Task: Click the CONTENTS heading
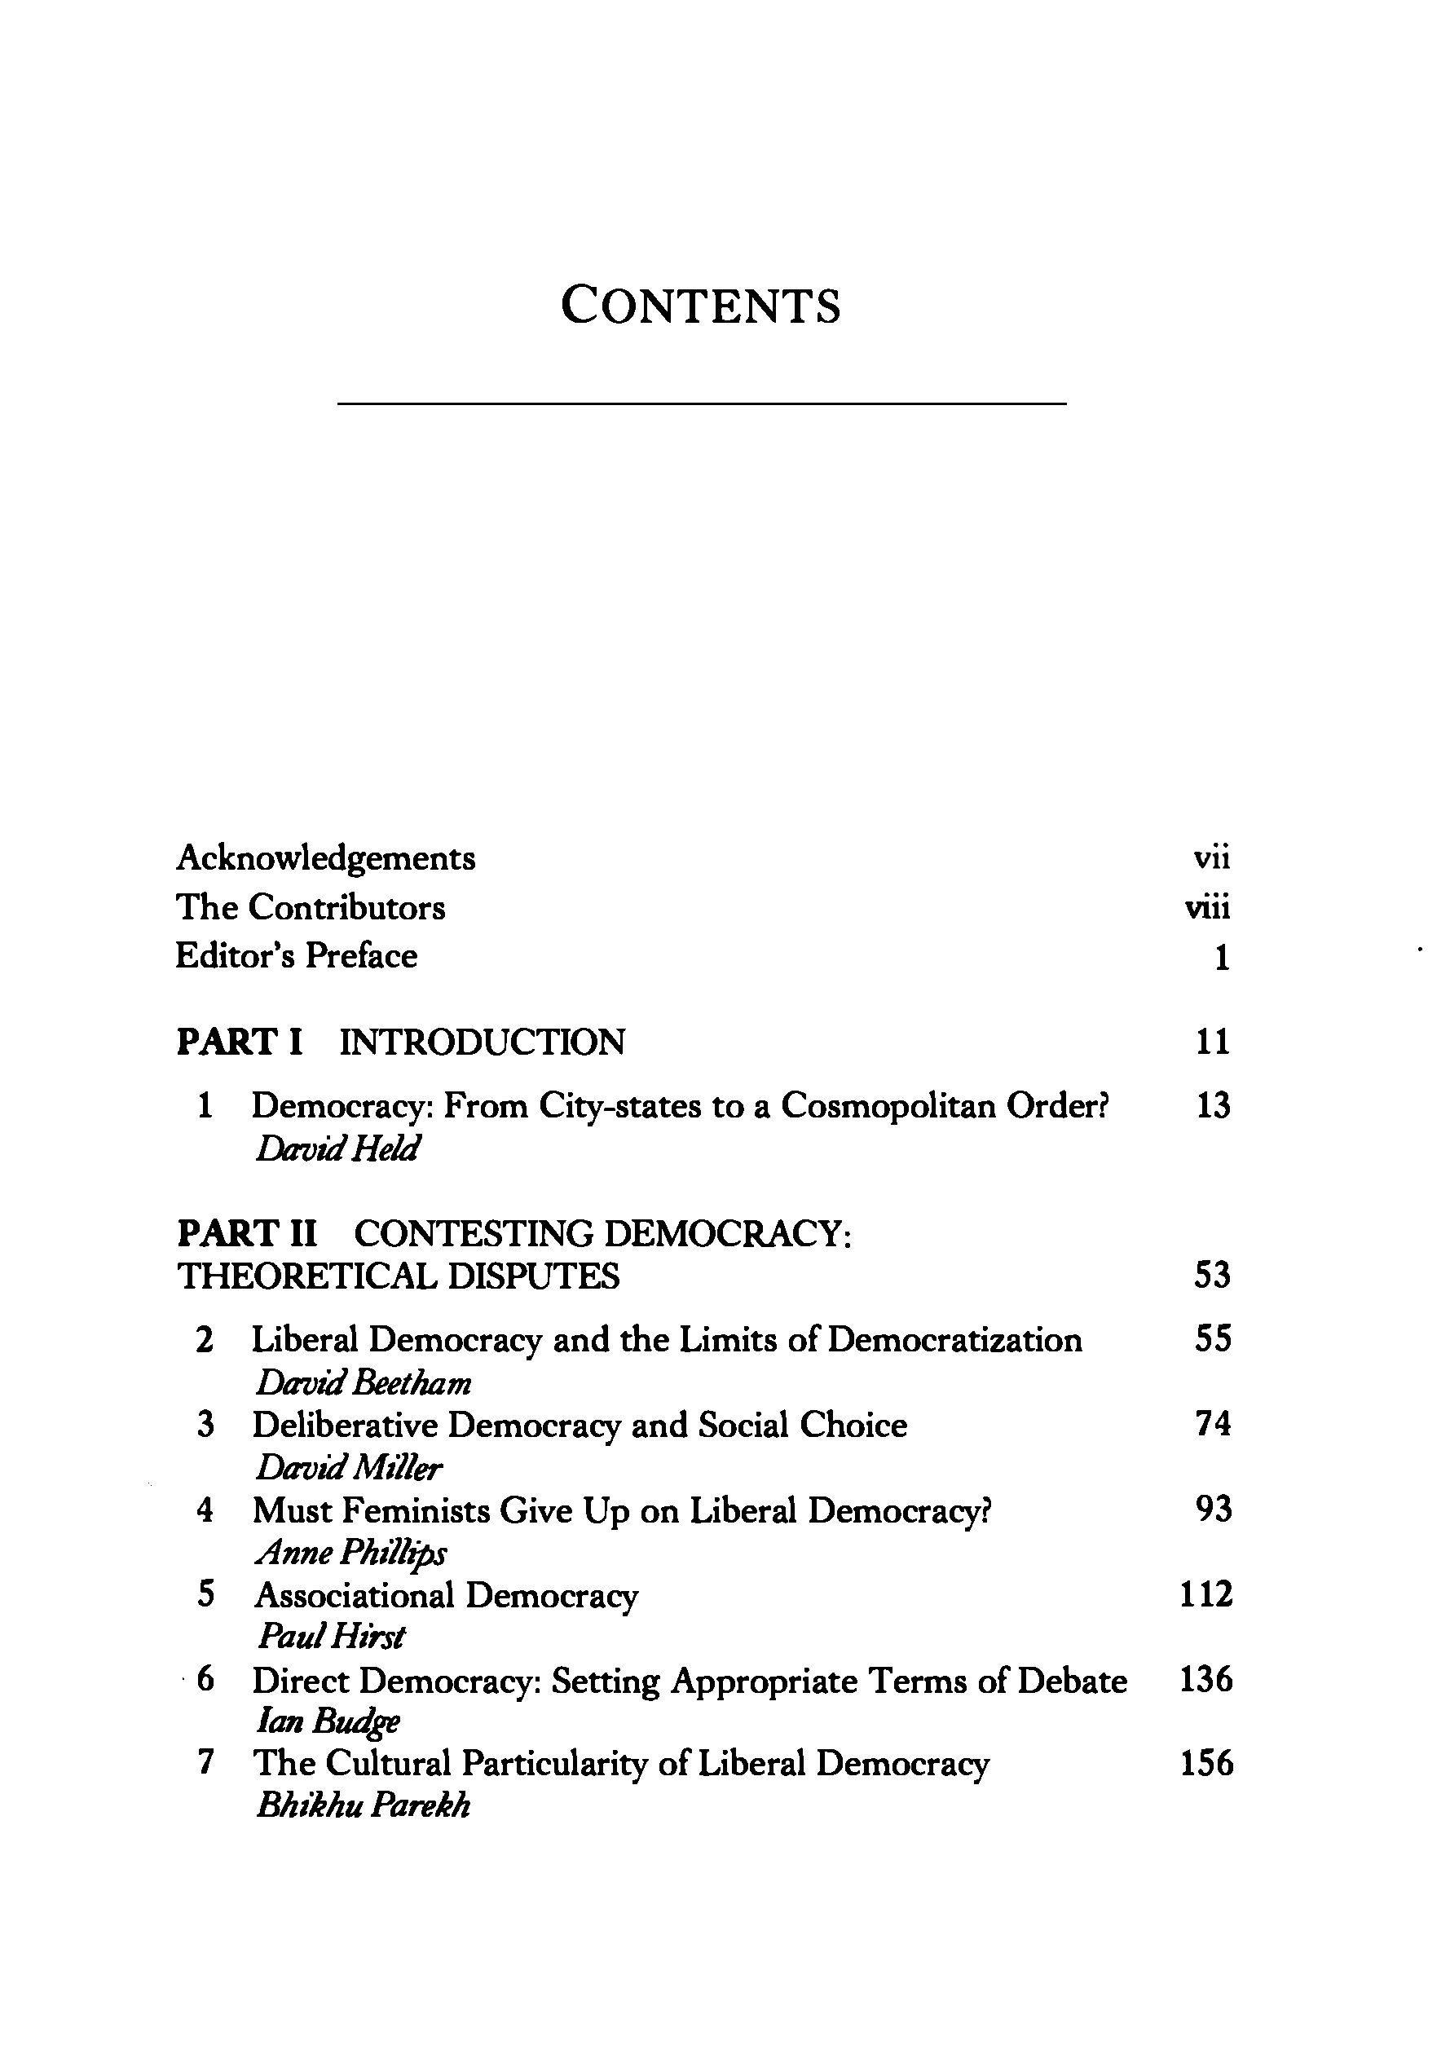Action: click(x=700, y=306)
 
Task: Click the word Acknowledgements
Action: click(x=325, y=858)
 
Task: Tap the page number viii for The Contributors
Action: click(x=1208, y=908)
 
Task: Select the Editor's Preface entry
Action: click(x=296, y=956)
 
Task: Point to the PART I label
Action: click(x=240, y=1042)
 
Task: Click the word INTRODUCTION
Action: click(x=483, y=1042)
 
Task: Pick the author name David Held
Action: click(x=337, y=1148)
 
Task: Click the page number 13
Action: click(x=1213, y=1107)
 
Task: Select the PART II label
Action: click(x=247, y=1234)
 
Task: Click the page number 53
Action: click(x=1212, y=1276)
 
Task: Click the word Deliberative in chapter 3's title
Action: click(x=343, y=1425)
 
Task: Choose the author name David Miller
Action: click(x=349, y=1468)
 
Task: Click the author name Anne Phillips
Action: click(x=350, y=1554)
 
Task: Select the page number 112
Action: click(x=1205, y=1595)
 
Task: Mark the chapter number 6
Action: click(x=205, y=1680)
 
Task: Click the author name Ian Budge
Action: click(x=328, y=1721)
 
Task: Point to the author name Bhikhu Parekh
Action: click(x=362, y=1806)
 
